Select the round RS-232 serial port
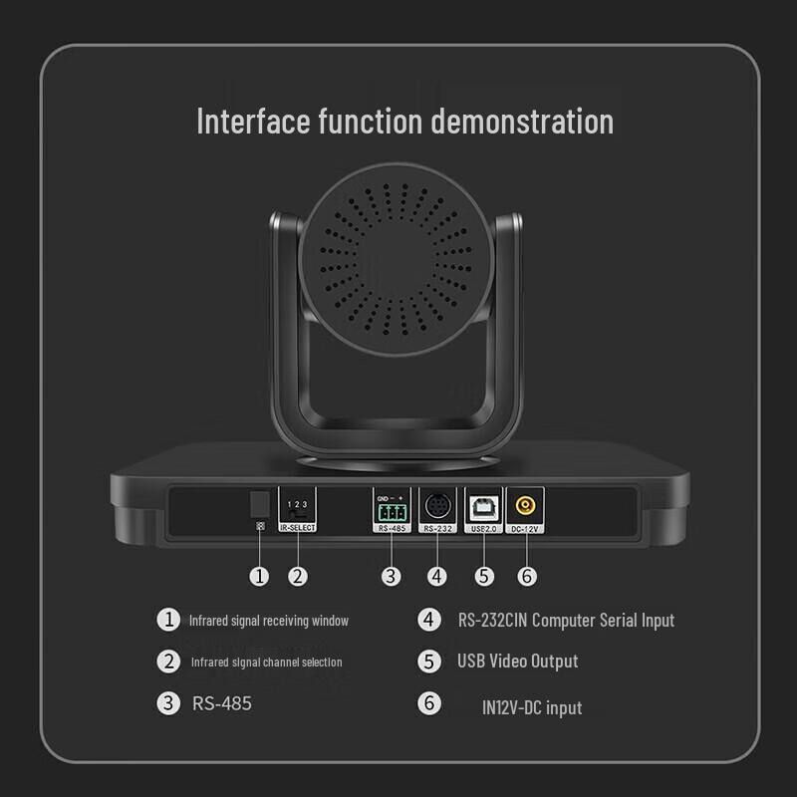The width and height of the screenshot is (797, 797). click(x=437, y=505)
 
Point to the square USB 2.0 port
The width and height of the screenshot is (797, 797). click(x=483, y=505)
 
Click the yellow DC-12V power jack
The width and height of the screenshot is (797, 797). click(x=525, y=505)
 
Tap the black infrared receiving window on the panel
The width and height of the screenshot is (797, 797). click(x=259, y=502)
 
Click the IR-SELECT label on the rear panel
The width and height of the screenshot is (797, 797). click(x=297, y=527)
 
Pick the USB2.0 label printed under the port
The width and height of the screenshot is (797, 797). click(x=483, y=528)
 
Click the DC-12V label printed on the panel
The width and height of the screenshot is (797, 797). click(x=525, y=528)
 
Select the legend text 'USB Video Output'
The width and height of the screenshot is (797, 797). click(x=517, y=661)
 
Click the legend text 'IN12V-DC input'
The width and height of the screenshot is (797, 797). click(x=532, y=707)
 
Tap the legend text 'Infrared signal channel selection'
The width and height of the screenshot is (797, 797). click(x=266, y=662)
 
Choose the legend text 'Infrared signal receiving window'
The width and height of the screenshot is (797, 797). click(x=269, y=620)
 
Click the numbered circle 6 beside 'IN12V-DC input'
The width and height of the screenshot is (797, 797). click(x=428, y=703)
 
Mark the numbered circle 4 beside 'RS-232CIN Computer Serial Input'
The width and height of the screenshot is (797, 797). click(x=428, y=620)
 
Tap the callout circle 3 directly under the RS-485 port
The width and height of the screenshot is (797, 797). click(x=392, y=575)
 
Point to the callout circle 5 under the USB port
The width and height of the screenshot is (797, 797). click(x=484, y=575)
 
